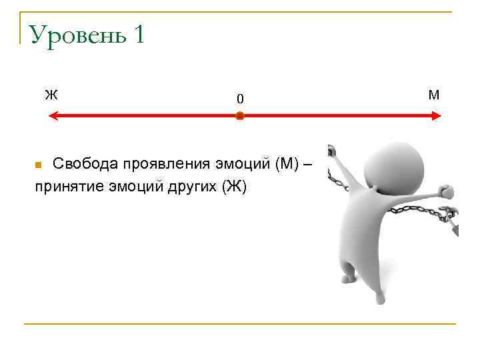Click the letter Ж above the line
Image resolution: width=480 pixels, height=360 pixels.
click(51, 94)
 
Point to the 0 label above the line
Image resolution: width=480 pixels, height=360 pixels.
click(240, 99)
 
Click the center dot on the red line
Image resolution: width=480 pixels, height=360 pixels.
click(240, 116)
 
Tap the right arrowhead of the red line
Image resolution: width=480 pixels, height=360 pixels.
click(437, 116)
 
